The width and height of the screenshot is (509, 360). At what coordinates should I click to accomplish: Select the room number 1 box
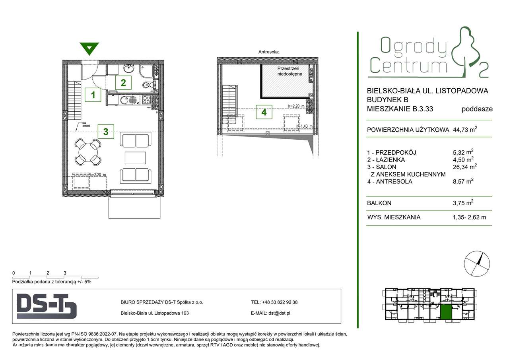pos(93,95)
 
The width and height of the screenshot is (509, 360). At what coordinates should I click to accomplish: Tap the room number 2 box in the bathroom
pos(123,82)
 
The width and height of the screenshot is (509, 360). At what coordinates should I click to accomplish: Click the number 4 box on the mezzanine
pos(264,112)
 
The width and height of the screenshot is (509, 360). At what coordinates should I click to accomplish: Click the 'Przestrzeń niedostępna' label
pos(289,71)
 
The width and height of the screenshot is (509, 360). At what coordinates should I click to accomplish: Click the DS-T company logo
pos(47,306)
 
